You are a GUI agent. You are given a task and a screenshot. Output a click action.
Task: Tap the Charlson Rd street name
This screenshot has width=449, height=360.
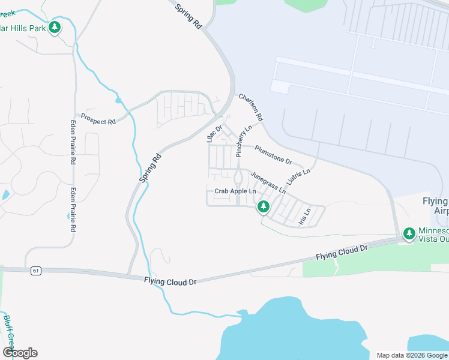(252, 108)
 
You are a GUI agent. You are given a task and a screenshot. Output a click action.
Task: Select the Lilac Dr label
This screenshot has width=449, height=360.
(215, 133)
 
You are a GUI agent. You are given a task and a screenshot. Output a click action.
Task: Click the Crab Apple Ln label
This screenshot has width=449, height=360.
(231, 191)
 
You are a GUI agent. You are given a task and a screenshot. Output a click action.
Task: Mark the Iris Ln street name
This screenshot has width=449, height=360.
(305, 217)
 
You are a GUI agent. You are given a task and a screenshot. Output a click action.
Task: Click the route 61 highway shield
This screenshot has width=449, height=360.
(37, 271)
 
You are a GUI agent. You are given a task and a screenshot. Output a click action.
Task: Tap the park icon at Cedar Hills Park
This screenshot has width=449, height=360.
(55, 28)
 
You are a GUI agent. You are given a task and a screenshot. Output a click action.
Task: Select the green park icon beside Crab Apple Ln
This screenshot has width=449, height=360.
(263, 207)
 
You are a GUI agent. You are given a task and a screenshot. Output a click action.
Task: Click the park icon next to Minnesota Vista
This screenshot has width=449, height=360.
(409, 233)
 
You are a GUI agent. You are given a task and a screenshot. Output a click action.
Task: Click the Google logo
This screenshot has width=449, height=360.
(20, 353)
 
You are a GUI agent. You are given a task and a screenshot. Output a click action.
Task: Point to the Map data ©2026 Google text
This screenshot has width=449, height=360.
(411, 355)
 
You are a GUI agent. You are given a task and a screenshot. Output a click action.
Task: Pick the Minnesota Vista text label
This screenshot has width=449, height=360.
(433, 235)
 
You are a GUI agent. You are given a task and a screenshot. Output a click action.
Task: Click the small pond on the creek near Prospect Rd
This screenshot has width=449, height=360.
(119, 100)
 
